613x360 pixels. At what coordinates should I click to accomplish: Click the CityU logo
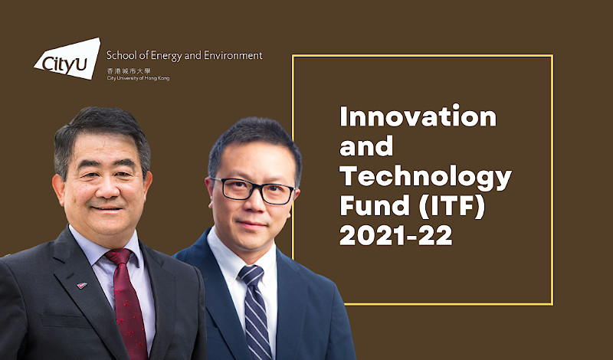click(x=67, y=58)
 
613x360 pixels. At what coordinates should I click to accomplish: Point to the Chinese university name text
click(x=127, y=70)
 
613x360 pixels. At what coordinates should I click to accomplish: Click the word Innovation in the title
click(x=418, y=117)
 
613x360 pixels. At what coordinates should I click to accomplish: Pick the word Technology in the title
click(x=425, y=176)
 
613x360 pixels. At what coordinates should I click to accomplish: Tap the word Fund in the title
click(x=369, y=206)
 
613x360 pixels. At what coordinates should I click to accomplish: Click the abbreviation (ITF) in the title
click(x=444, y=206)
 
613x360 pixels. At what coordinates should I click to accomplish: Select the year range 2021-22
click(x=396, y=235)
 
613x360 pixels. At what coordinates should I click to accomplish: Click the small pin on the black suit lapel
click(x=82, y=286)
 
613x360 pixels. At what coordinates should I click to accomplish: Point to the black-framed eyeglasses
click(x=253, y=188)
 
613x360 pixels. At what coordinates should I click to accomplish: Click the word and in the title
click(x=366, y=146)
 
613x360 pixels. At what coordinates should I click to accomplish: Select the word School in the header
click(x=122, y=56)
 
